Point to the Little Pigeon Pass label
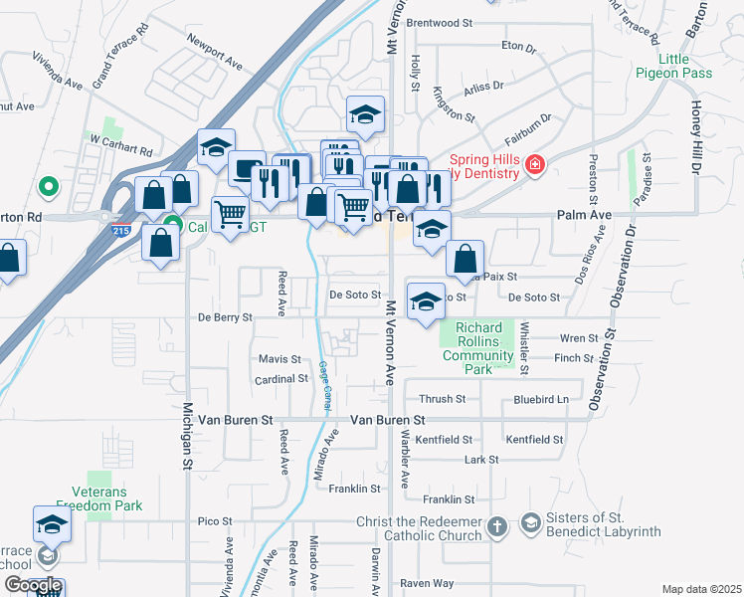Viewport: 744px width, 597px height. [673, 67]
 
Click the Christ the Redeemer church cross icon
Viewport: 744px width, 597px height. [498, 523]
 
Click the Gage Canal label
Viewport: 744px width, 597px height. [324, 383]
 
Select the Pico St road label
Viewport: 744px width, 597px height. [215, 520]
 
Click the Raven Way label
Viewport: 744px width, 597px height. [427, 583]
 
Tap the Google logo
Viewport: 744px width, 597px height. [33, 585]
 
